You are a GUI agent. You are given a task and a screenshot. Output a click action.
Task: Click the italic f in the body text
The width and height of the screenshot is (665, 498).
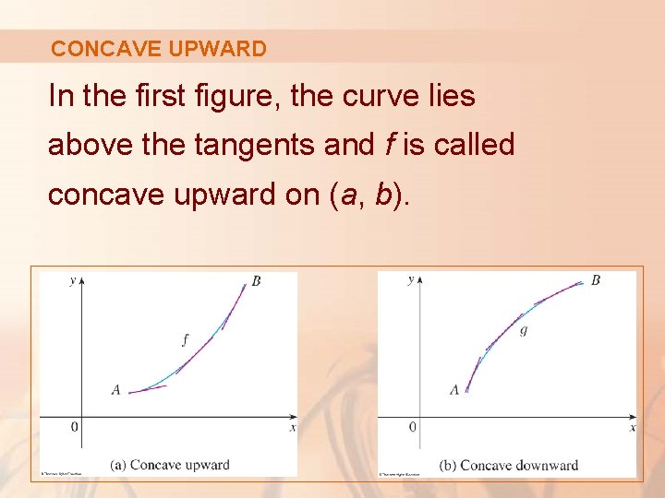click(x=389, y=145)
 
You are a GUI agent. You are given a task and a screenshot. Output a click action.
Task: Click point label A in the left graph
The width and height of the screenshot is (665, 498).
click(x=115, y=390)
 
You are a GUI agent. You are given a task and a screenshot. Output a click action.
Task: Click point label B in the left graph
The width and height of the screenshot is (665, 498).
click(x=256, y=281)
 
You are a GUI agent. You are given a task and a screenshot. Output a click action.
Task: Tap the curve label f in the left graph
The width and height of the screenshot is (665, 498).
click(x=185, y=339)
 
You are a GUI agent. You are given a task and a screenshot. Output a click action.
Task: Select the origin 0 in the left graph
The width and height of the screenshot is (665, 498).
click(x=75, y=427)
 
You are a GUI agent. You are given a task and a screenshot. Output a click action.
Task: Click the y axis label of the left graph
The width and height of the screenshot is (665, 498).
click(x=72, y=280)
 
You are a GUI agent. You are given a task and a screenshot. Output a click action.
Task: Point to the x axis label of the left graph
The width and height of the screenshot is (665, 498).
click(x=293, y=428)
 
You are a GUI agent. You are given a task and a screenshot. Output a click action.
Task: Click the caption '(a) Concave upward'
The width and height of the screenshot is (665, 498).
click(x=169, y=465)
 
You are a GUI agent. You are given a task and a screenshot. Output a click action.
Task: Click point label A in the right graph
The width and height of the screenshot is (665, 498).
click(x=454, y=390)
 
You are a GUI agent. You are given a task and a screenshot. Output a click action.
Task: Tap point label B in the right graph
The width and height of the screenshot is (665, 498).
click(x=596, y=279)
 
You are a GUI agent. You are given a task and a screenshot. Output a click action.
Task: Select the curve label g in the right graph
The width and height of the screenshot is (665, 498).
click(x=524, y=329)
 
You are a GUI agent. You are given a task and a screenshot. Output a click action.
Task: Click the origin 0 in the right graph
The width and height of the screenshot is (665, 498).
click(x=413, y=427)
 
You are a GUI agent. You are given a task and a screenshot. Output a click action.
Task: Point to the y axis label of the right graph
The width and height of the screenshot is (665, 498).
click(x=411, y=280)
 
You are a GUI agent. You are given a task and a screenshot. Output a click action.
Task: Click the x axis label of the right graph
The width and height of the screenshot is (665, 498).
click(x=633, y=428)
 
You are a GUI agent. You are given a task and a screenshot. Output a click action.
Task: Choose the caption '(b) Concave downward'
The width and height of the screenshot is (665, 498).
click(x=509, y=465)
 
